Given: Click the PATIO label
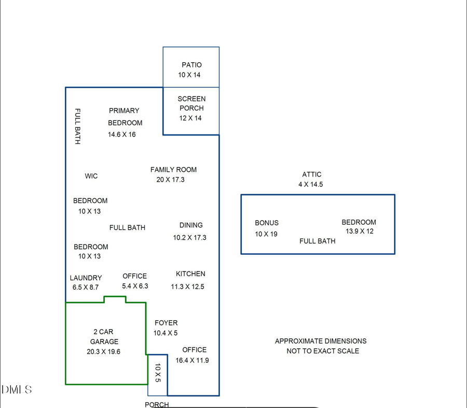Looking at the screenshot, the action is (191, 65).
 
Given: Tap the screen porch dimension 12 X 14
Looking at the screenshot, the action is (190, 118).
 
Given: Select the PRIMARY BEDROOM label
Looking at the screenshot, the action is (125, 116).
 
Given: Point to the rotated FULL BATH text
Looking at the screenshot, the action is (77, 126).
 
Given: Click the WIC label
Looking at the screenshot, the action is (91, 176).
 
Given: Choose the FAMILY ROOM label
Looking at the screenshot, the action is (173, 170).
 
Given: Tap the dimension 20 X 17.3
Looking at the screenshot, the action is (170, 180).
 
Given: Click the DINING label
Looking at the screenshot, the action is (191, 225).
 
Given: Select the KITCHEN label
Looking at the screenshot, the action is (190, 274).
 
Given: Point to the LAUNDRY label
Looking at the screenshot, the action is (86, 278).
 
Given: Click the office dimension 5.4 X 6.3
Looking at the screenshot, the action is (135, 286).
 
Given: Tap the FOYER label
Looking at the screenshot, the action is (166, 323).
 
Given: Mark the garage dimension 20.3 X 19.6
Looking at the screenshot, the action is (103, 351).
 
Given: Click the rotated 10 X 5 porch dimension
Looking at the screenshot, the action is (158, 373).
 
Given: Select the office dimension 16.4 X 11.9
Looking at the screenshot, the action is (192, 360).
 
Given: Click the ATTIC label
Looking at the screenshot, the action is (312, 174).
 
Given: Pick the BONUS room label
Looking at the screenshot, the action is (267, 223).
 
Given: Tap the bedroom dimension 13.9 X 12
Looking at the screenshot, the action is (360, 232).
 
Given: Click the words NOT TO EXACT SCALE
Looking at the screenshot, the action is (323, 351).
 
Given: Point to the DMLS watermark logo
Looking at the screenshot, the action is (17, 389).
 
